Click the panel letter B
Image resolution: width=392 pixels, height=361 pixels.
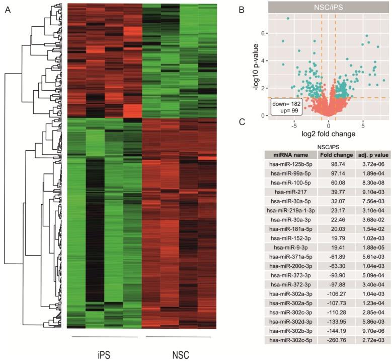[x=256, y=10]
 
